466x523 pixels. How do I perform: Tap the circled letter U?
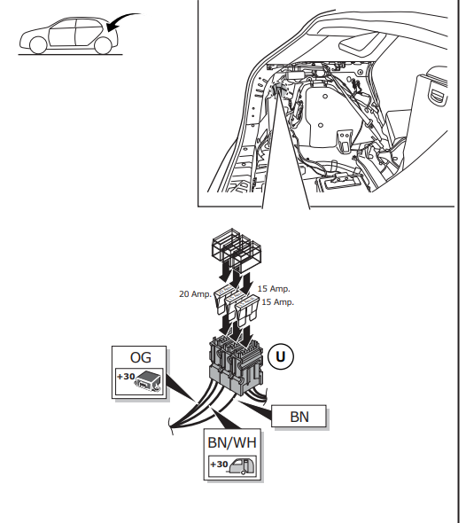click(281, 356)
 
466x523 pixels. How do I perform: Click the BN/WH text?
click(233, 441)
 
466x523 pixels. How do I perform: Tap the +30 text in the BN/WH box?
click(218, 464)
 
